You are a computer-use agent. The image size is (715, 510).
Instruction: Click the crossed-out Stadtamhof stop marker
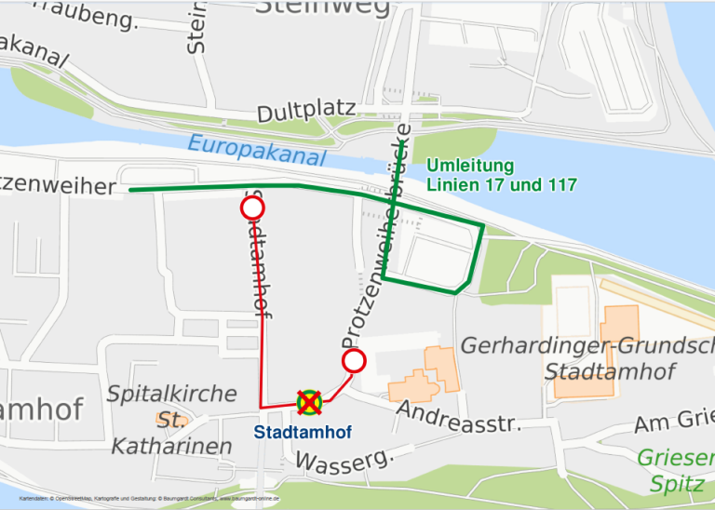309,402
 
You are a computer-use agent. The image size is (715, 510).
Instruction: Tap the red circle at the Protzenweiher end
251,208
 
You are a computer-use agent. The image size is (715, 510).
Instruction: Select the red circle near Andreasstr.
354,361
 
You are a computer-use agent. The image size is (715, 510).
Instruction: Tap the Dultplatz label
306,113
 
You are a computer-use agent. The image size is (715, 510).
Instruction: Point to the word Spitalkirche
171,394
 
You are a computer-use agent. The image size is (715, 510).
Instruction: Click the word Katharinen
171,447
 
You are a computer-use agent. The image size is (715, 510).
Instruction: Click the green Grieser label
676,458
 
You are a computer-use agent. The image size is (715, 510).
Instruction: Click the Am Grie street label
674,423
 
